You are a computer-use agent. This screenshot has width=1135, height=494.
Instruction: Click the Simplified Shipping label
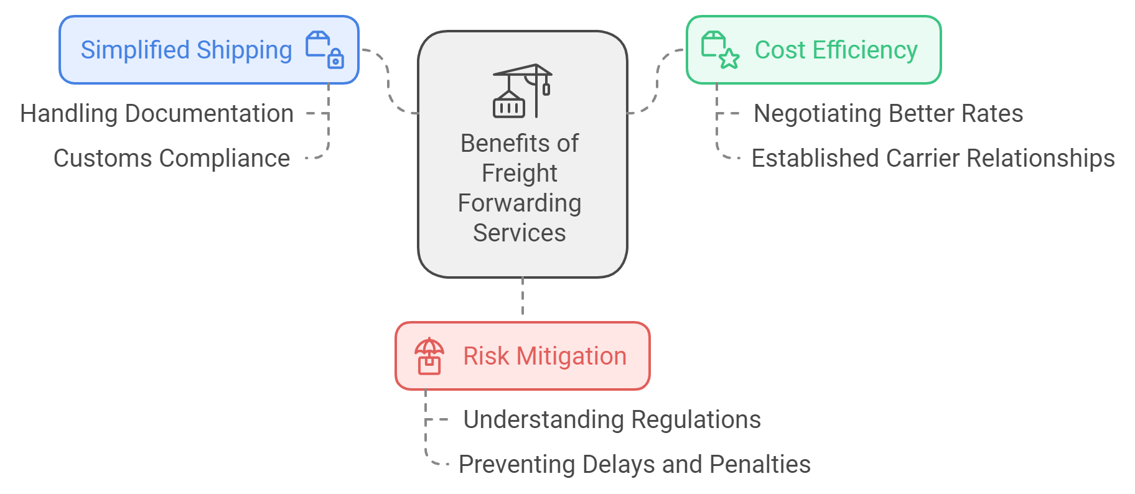(186, 50)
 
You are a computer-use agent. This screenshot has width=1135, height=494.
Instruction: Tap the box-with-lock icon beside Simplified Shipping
(325, 50)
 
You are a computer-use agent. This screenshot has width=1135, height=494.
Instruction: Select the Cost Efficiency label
(836, 50)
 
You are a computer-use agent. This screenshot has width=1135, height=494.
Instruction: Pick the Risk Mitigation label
(544, 357)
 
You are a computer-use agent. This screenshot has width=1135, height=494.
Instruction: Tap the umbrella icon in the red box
(429, 356)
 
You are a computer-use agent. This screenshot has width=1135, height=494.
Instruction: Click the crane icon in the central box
(522, 91)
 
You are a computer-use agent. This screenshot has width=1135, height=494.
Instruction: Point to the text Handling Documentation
(157, 114)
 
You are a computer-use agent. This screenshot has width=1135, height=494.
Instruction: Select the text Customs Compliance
(172, 159)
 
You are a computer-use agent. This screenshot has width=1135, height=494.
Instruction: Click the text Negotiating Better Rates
(888, 114)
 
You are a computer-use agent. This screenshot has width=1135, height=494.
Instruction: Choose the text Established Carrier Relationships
(933, 159)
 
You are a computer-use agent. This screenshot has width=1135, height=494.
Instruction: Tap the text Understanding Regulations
(612, 420)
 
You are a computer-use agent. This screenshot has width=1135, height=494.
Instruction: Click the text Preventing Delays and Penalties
(634, 465)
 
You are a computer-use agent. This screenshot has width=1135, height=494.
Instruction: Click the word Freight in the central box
(520, 173)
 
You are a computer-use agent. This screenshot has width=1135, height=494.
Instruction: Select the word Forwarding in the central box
(520, 203)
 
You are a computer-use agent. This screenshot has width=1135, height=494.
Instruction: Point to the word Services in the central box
(520, 233)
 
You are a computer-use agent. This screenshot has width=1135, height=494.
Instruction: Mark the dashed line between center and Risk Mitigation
(523, 297)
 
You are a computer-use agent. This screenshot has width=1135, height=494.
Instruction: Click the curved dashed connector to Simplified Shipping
(388, 81)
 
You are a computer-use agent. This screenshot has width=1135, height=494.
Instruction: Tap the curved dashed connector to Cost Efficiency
(657, 81)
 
